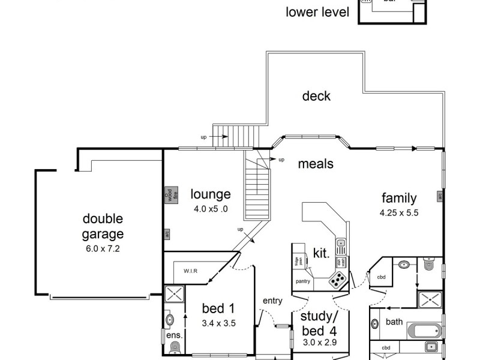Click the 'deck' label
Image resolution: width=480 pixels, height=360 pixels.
click(316, 96)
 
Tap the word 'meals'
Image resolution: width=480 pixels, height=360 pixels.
click(316, 163)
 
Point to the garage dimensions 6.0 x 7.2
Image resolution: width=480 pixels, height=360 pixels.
click(103, 248)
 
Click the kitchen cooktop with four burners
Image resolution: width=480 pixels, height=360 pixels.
click(338, 280)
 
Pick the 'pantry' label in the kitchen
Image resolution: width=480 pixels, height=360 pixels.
click(303, 281)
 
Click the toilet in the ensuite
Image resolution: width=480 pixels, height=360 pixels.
click(175, 347)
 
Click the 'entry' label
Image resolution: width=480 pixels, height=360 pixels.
click(272, 301)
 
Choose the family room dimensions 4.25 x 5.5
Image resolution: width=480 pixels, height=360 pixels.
click(398, 212)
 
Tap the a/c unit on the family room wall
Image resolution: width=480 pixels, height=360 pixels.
click(440, 196)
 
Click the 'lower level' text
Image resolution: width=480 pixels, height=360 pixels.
click(317, 11)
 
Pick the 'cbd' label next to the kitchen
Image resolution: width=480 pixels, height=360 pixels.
click(382, 277)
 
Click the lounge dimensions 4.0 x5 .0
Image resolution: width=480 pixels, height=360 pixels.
click(211, 209)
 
